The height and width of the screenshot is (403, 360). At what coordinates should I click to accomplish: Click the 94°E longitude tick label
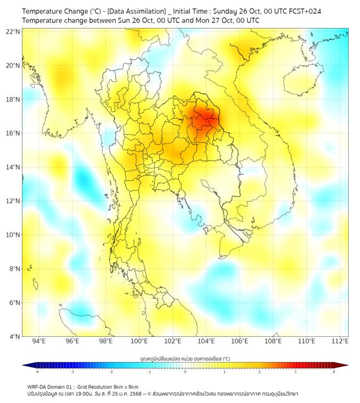pyautogui.click(x=39, y=342)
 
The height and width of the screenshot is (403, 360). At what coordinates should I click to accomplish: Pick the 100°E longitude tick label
pyautogui.click(x=140, y=342)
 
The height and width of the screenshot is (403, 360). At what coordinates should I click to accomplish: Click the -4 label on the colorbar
pyautogui.click(x=36, y=372)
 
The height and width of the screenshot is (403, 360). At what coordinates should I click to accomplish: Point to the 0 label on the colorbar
pyautogui.click(x=185, y=372)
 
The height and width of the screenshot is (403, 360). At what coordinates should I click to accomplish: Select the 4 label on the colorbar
pyautogui.click(x=334, y=372)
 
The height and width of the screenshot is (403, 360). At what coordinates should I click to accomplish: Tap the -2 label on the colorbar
pyautogui.click(x=111, y=372)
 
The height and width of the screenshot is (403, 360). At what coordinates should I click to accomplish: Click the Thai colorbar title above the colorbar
pyautogui.click(x=185, y=358)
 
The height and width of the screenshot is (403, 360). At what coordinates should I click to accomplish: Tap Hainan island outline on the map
pyautogui.click(x=302, y=83)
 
